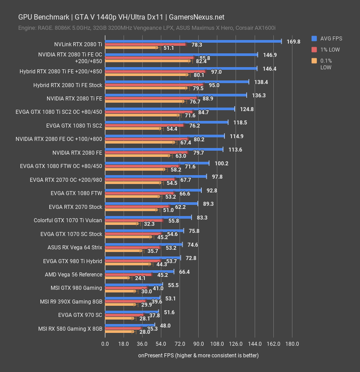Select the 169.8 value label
coord(293,41)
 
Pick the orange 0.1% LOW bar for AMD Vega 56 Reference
coord(116,278)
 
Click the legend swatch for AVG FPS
coord(314,38)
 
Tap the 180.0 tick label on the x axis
coord(292,344)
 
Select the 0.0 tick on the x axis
coord(105,344)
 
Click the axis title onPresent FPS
coord(198,355)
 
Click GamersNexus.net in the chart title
coord(196,17)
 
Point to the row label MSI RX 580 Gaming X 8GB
coord(70,329)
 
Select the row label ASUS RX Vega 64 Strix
coord(75,248)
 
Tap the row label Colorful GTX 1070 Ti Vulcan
coord(68,220)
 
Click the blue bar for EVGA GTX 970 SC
coord(131,312)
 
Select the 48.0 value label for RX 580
coord(165,326)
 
